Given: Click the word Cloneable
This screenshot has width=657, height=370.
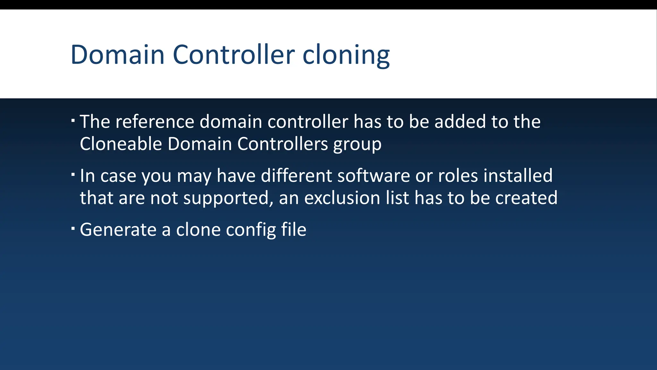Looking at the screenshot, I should pyautogui.click(x=121, y=144).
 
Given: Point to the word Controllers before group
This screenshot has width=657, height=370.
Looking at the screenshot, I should pyautogui.click(x=282, y=144).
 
